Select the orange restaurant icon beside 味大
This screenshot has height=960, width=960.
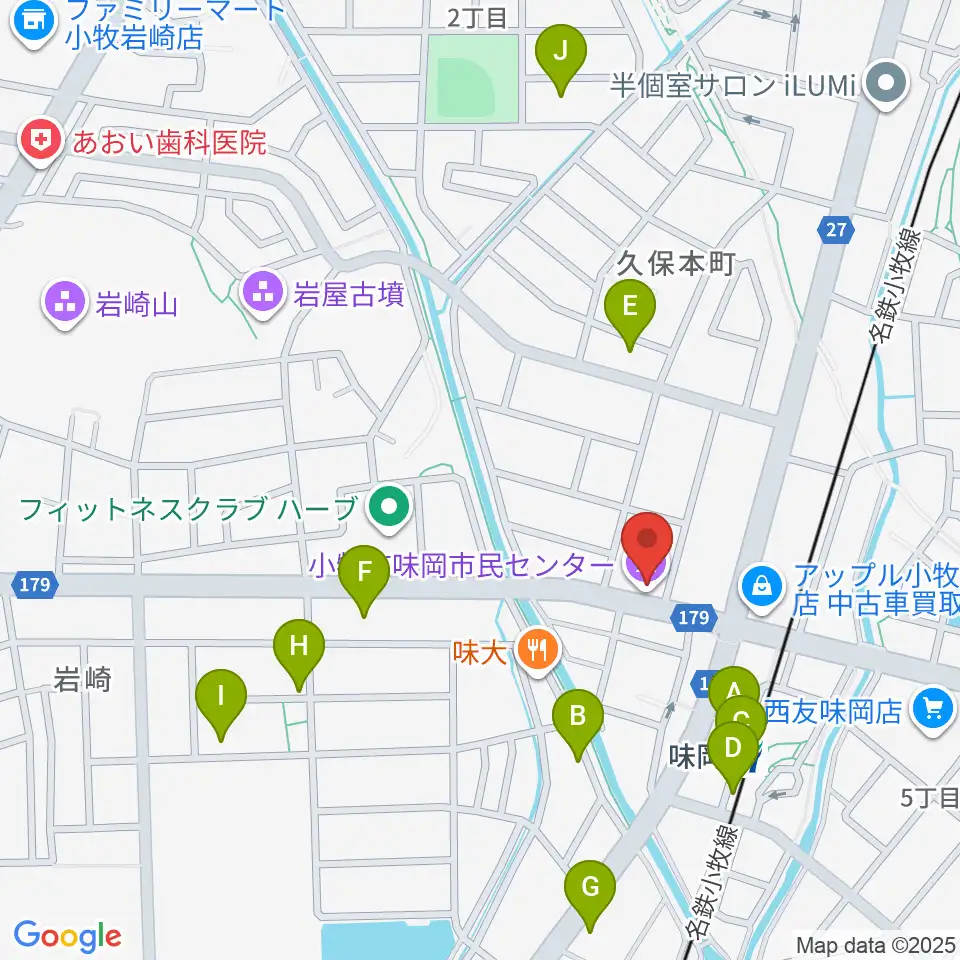pyautogui.click(x=539, y=651)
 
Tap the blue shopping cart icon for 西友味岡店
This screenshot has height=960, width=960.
pyautogui.click(x=933, y=709)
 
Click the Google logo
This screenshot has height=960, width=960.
pyautogui.click(x=67, y=935)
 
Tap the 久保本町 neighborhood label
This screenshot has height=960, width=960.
pyautogui.click(x=676, y=263)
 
